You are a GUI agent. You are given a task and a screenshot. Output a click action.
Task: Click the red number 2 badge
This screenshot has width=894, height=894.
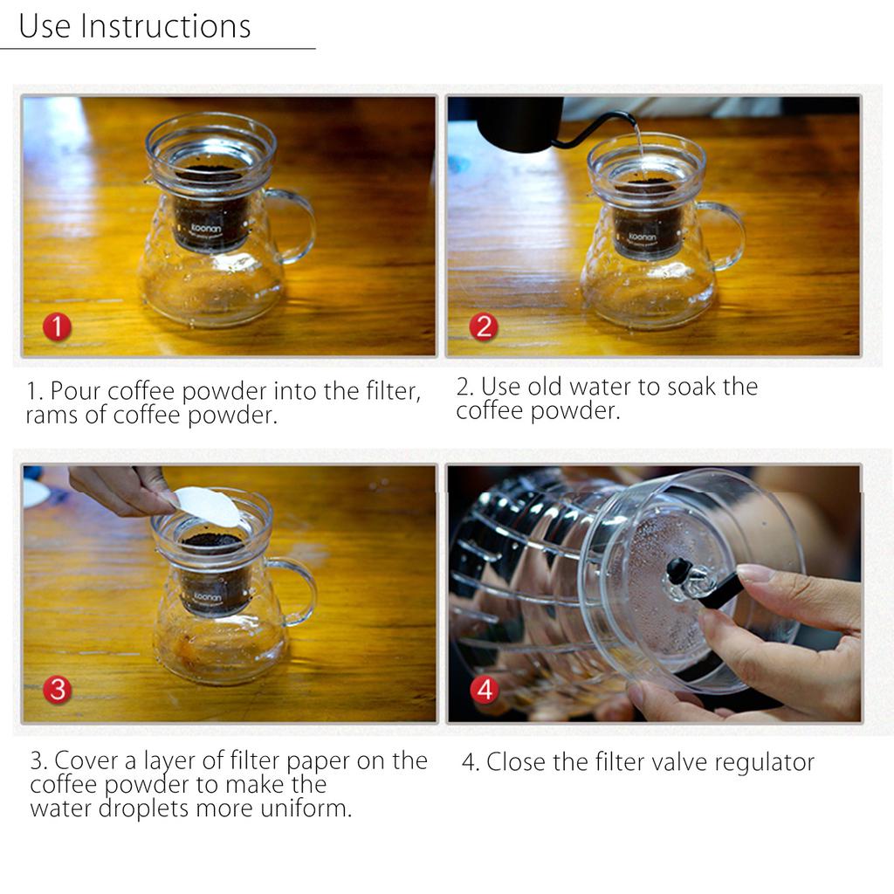coord(483,327)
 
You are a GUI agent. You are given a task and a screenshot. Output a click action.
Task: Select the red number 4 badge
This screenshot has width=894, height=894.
coord(485,690)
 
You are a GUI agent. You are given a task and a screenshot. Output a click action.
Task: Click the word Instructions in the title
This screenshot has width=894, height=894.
coord(165,26)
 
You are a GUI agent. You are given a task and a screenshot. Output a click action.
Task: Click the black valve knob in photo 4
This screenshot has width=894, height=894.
coord(677,571)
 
